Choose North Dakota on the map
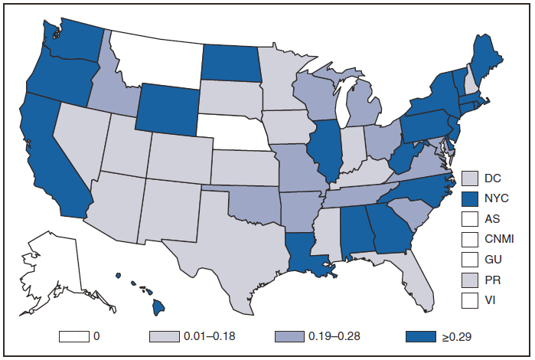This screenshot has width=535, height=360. coord(229,61)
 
